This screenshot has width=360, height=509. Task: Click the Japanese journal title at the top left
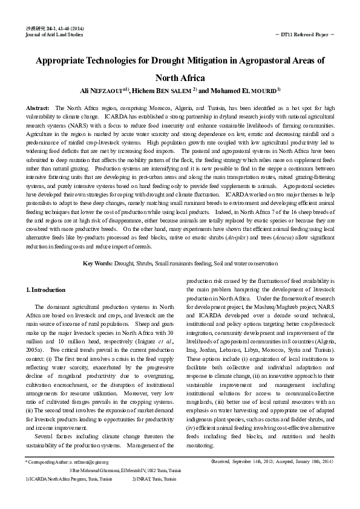[33, 28]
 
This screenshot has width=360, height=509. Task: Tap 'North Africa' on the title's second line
[180, 77]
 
